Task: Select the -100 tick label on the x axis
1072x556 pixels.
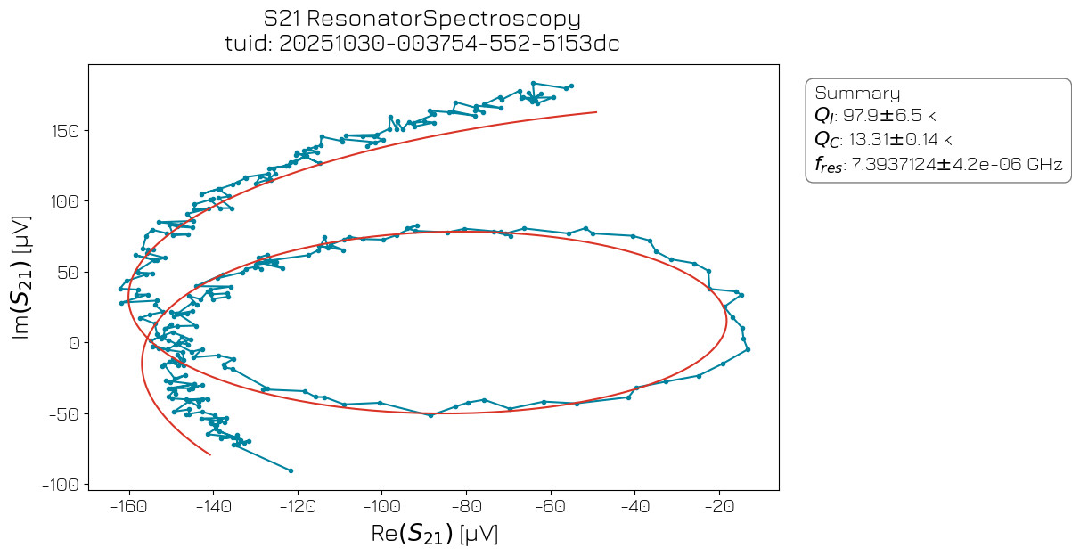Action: click(381, 507)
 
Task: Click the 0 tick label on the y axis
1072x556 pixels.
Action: click(75, 343)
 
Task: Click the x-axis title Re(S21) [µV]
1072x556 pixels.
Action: click(433, 535)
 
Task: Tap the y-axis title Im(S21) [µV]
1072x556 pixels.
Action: click(21, 276)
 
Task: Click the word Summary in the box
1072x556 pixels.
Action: click(857, 94)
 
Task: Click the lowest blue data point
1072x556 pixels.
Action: click(291, 470)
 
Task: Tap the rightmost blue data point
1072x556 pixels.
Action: click(748, 349)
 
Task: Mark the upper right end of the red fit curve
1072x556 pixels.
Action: click(596, 112)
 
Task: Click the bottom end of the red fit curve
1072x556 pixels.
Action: click(210, 454)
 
